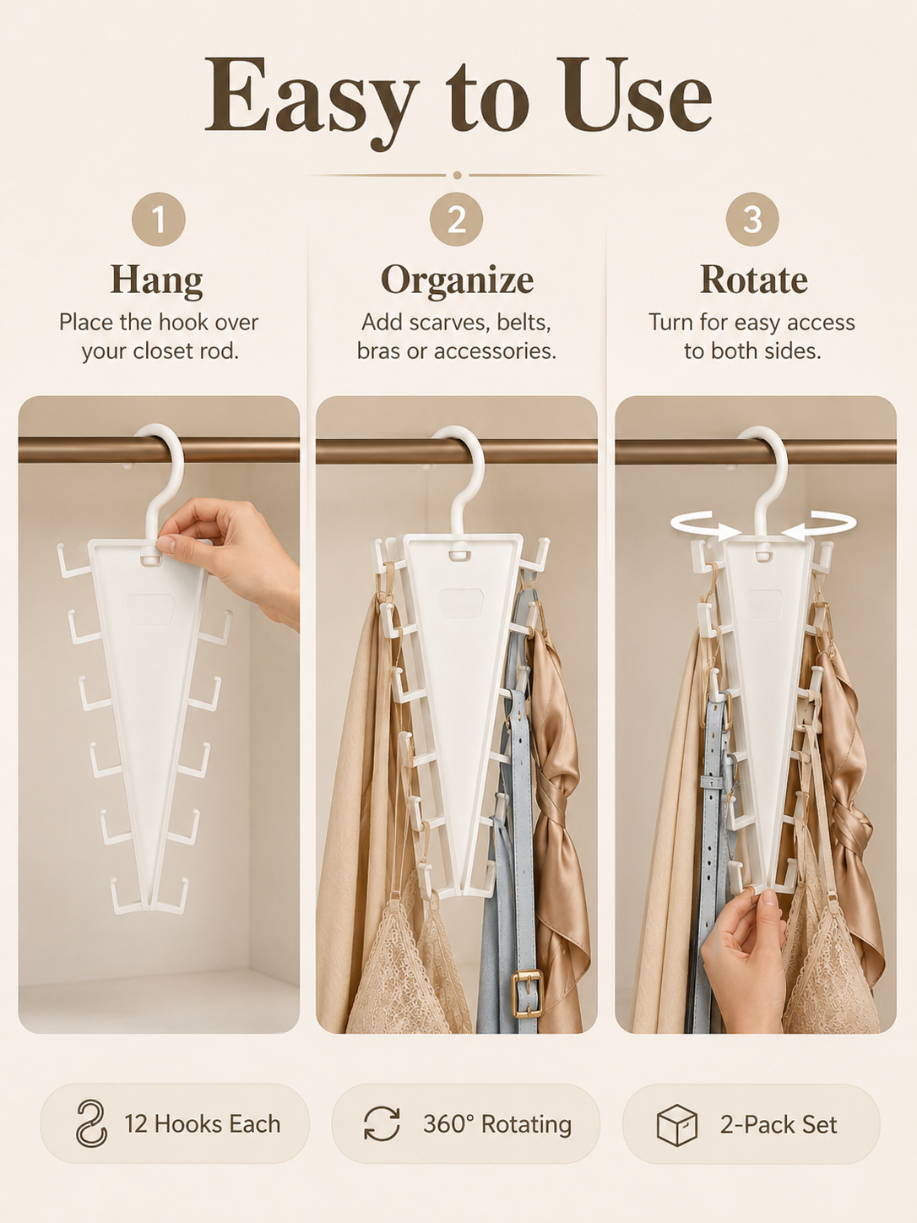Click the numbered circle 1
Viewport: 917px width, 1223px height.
pos(159,219)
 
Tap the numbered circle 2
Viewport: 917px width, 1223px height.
pos(457,219)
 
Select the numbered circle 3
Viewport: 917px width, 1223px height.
pos(752,219)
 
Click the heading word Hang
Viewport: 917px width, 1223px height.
pos(156,280)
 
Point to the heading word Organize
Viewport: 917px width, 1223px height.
pos(457,280)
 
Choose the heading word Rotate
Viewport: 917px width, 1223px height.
pos(753,280)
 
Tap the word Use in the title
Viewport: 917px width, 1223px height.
pos(637,95)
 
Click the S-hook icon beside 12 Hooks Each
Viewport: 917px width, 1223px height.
pos(90,1123)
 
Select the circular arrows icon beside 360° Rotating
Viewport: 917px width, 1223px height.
pos(382,1123)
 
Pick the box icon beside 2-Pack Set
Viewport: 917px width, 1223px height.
pos(677,1125)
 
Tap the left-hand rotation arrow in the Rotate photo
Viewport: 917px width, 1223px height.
pos(704,525)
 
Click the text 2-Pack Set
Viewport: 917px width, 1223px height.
pos(779,1125)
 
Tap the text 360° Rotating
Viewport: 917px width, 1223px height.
pos(497,1124)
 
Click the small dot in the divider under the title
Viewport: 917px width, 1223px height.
pos(457,176)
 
